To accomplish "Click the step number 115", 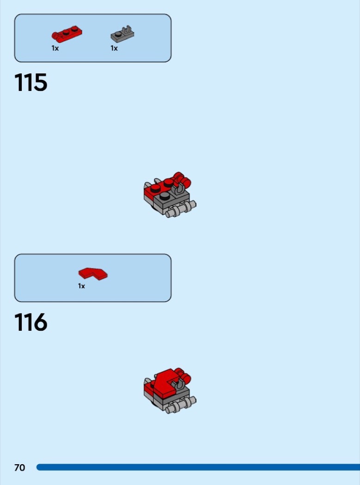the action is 31,82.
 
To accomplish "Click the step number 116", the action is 31,322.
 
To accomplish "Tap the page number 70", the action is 19,467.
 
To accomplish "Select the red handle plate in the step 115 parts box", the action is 67,34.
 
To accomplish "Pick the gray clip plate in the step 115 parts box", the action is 122,34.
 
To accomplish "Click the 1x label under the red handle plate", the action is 55,48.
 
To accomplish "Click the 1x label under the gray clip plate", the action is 114,48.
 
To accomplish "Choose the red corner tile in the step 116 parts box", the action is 93,274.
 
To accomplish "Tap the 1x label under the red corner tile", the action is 81,286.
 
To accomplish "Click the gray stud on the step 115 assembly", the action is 165,195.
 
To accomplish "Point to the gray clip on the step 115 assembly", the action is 178,188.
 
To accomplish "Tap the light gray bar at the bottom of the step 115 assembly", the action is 181,209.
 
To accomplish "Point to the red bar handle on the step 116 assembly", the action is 183,375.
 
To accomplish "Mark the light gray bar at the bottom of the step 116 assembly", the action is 181,405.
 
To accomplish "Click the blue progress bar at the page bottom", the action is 198,467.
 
